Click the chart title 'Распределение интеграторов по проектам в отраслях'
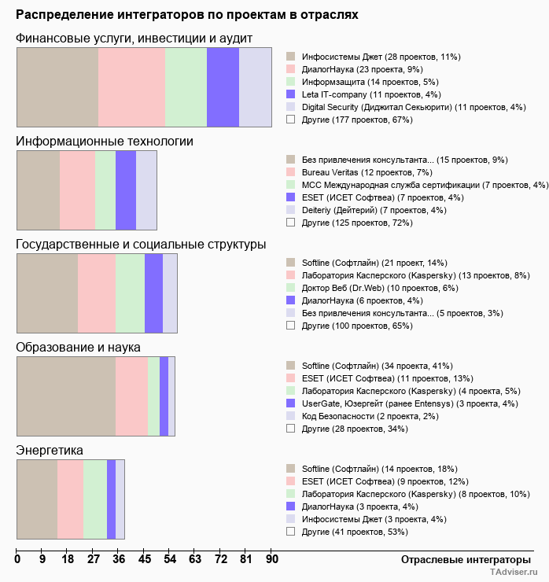[x=187, y=15]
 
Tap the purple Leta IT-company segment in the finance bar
[x=223, y=87]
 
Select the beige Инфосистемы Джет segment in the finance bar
[x=57, y=87]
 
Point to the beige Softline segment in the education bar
[x=66, y=396]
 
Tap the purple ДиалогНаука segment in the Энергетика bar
[x=111, y=499]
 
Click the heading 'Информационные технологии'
[x=105, y=142]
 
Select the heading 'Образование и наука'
[x=78, y=347]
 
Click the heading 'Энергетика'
[x=50, y=450]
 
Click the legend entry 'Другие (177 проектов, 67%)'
[x=357, y=120]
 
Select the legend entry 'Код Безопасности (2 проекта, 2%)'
[x=370, y=416]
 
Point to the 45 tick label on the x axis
[x=145, y=559]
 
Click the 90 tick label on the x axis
[x=272, y=559]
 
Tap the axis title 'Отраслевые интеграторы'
[x=461, y=559]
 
